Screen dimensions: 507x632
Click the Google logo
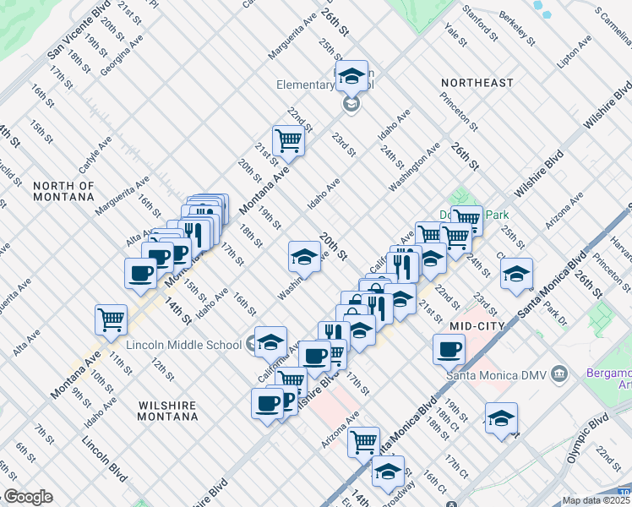(27, 497)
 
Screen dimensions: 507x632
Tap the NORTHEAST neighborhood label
(477, 83)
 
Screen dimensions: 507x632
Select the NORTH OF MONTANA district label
(63, 190)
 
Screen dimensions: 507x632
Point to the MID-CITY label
(477, 325)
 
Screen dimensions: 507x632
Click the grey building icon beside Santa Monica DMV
(558, 373)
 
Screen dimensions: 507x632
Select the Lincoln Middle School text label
(184, 344)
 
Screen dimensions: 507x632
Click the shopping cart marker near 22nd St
(288, 139)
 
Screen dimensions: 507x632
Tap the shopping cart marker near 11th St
(111, 319)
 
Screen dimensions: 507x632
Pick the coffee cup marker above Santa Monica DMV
(449, 347)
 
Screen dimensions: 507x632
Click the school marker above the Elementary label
(351, 76)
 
